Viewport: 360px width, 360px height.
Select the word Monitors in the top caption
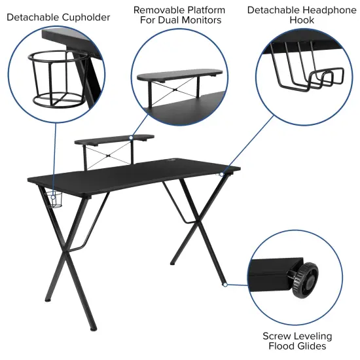[204, 21]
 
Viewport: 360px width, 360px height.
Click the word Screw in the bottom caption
[275, 336]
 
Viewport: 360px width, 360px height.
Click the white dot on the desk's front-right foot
[225, 284]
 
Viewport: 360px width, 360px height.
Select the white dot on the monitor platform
[131, 137]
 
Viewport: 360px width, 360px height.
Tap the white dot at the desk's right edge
[221, 175]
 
